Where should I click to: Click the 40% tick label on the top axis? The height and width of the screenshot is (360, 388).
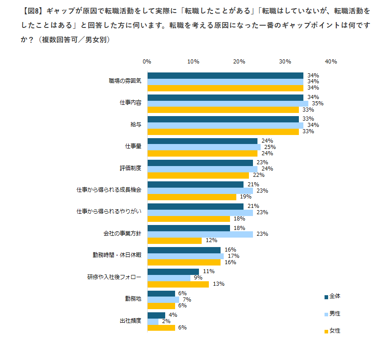[331, 62]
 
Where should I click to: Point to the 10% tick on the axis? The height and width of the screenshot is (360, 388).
[194, 62]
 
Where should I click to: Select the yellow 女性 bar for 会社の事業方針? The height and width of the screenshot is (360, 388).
[175, 240]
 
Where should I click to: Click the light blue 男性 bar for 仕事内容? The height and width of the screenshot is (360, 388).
[228, 103]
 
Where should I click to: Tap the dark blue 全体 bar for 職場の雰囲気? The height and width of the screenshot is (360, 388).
[226, 75]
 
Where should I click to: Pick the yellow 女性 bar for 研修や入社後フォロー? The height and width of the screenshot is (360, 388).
[178, 284]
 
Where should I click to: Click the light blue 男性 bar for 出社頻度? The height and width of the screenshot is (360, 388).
[153, 321]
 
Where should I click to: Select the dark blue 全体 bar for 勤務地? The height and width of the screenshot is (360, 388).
[161, 293]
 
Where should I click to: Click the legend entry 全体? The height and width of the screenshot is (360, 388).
[333, 296]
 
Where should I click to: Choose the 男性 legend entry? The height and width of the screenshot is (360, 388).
[333, 314]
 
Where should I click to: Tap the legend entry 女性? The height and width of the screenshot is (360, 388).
[333, 331]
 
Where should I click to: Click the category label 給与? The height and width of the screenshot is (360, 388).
[136, 125]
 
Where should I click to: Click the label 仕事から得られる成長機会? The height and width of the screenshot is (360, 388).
[109, 190]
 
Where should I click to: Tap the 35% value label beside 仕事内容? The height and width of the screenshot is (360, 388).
[318, 103]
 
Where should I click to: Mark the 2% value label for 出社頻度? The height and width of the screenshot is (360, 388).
[166, 321]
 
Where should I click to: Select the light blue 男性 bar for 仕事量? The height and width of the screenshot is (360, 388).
[204, 147]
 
